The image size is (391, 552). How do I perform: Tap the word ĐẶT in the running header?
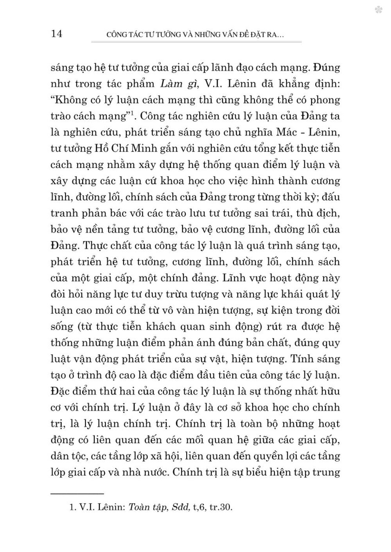pyautogui.click(x=245, y=35)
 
